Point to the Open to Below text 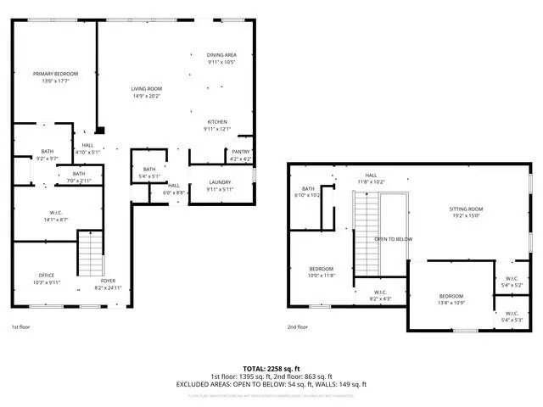point(393,239)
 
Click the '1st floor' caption point(22,326)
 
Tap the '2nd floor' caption point(297,326)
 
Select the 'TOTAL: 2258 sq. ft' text point(271,369)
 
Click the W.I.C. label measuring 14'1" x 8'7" point(58,216)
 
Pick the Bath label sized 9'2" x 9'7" point(47,155)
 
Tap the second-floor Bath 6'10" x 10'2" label point(308,192)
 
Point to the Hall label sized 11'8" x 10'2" point(371,178)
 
